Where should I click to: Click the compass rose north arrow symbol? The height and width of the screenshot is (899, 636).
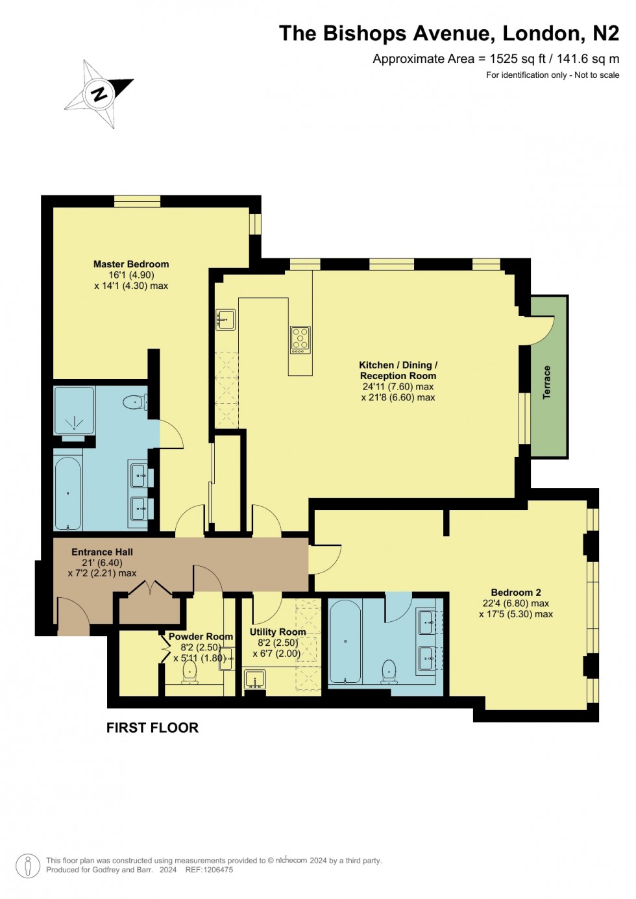point(99,94)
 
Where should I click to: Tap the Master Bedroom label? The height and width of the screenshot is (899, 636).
point(131,264)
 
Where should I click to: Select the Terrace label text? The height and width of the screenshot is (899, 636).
point(546,382)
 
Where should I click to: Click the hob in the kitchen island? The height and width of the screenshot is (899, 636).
point(300,340)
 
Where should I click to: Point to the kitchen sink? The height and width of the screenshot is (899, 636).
point(225,319)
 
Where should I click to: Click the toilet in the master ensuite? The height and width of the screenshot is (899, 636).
point(134,402)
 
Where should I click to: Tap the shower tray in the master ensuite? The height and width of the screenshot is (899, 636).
point(74,410)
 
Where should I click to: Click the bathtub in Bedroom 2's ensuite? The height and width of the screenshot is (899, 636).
point(345,641)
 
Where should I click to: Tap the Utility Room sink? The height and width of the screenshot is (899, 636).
point(255,680)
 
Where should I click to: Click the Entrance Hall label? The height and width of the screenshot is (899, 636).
point(102,552)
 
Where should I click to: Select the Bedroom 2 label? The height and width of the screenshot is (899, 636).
point(516,592)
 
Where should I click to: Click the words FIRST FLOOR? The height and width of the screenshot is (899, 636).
point(153,728)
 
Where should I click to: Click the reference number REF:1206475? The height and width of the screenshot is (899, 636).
point(209,870)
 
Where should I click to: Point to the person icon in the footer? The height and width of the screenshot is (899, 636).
point(28,865)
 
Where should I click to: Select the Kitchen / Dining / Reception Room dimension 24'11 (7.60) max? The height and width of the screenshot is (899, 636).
point(398,386)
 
